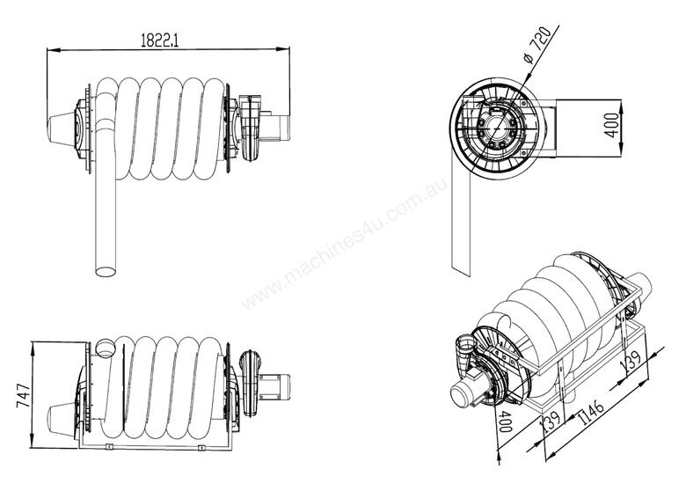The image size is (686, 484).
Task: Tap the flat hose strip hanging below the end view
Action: [x=458, y=238]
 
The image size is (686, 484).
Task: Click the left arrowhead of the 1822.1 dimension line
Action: [x=49, y=51]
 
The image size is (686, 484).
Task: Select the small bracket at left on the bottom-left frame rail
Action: [x=107, y=448]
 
